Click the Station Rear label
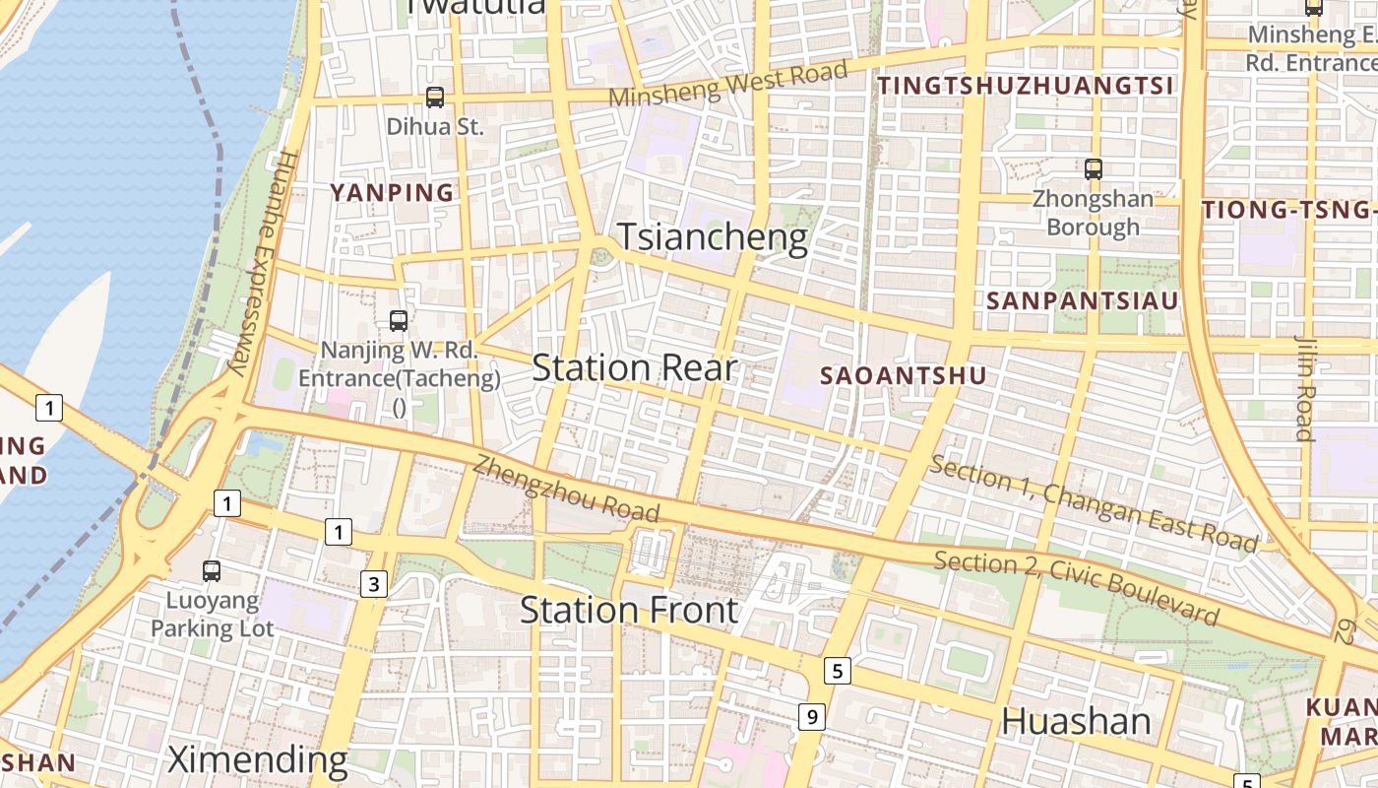pyautogui.click(x=634, y=368)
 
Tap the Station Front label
pyautogui.click(x=629, y=611)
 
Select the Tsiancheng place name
pyautogui.click(x=713, y=237)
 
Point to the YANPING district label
pyautogui.click(x=393, y=193)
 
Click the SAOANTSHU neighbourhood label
pyautogui.click(x=903, y=375)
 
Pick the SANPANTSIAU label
pyautogui.click(x=1083, y=301)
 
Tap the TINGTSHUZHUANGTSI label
pyautogui.click(x=1026, y=87)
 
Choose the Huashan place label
pyautogui.click(x=1076, y=722)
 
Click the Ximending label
pyautogui.click(x=258, y=760)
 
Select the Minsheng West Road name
pyautogui.click(x=728, y=84)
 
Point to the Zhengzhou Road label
pyautogui.click(x=566, y=489)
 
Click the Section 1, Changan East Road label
pyautogui.click(x=1094, y=503)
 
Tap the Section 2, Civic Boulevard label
pyautogui.click(x=1077, y=588)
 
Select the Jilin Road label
pyautogui.click(x=1305, y=388)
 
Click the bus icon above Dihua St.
pyautogui.click(x=435, y=98)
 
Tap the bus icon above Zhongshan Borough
pyautogui.click(x=1094, y=169)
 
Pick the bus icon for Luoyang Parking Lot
pyautogui.click(x=212, y=571)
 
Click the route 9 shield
pyautogui.click(x=811, y=717)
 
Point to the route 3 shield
pyautogui.click(x=373, y=584)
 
